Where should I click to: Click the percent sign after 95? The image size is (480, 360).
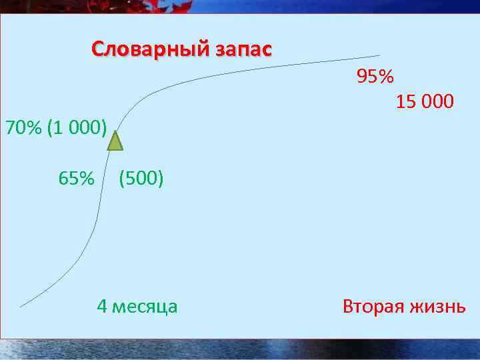click(385, 77)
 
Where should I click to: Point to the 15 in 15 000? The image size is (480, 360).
click(405, 102)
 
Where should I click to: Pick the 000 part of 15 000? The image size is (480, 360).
click(437, 102)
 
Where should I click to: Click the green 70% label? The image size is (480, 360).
click(24, 127)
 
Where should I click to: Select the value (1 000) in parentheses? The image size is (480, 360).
click(77, 127)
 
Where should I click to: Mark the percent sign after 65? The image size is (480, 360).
click(86, 178)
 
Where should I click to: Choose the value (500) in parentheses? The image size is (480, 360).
click(141, 178)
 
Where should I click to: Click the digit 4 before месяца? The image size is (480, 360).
click(102, 306)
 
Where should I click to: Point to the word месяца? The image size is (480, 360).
click(145, 306)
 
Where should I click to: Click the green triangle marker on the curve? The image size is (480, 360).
click(116, 142)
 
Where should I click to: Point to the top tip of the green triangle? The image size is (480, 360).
click(116, 132)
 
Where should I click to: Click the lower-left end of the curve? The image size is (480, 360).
click(21, 306)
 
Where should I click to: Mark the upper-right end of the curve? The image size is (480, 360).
click(379, 55)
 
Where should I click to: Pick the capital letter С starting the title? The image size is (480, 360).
click(97, 50)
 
